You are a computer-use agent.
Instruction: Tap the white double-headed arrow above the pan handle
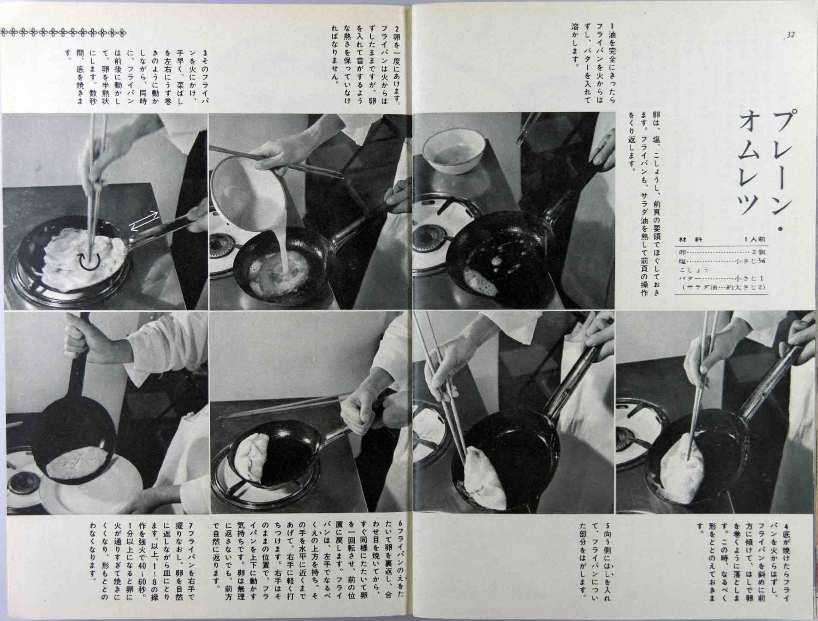144,222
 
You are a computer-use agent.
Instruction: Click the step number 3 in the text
205,53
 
